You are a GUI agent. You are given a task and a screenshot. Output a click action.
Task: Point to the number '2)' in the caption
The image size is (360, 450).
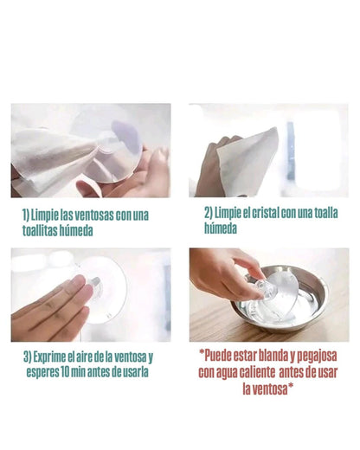click(209, 213)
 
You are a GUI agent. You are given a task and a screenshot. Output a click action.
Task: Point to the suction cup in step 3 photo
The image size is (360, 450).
click(104, 290)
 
